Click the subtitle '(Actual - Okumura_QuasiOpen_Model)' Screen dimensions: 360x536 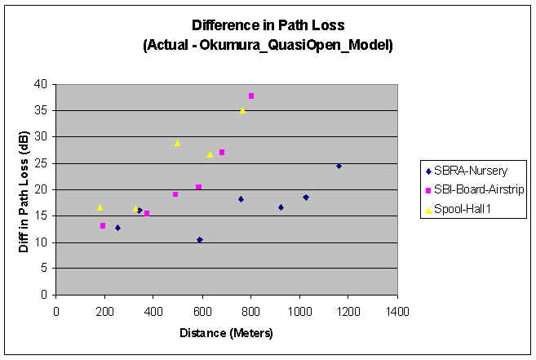268,46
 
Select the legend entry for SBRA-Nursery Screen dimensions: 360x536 465,171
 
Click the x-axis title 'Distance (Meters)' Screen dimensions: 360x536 227,334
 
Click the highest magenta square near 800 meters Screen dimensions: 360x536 251,96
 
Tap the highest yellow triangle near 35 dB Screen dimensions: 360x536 242,110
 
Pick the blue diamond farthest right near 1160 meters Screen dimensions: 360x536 339,166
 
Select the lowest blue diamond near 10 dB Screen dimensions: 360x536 200,240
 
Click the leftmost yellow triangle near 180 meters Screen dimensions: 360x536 100,207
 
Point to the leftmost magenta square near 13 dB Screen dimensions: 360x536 103,225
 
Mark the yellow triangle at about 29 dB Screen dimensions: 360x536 177,143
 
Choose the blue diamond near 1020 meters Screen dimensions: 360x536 306,197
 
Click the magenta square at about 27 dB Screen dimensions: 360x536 222,153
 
